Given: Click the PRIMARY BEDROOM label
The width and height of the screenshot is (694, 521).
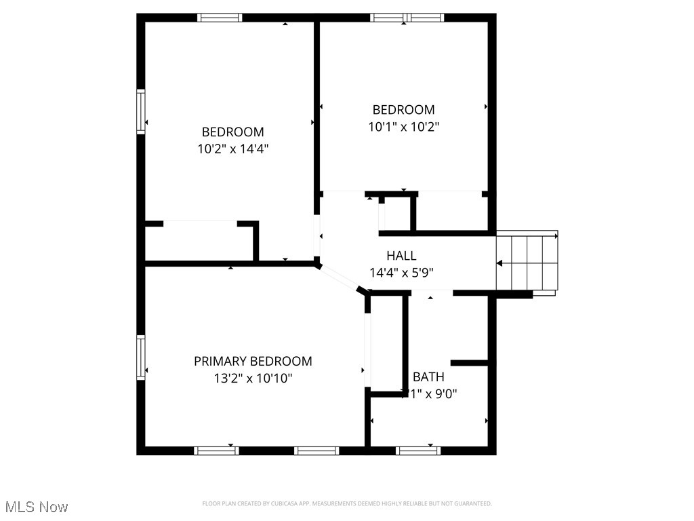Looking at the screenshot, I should (253, 362).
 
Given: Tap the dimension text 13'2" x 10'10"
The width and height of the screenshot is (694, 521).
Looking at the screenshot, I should (253, 379).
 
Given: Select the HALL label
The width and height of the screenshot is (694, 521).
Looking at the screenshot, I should (401, 256).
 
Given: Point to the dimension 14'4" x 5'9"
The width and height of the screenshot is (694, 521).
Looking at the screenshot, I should (401, 273).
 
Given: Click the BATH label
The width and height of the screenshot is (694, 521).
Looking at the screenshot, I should (428, 377).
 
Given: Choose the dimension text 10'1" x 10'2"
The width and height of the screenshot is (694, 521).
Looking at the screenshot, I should (403, 126).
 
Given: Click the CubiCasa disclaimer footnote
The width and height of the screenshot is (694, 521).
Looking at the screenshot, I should (346, 503).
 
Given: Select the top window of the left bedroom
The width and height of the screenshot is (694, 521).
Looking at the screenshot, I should (220, 18).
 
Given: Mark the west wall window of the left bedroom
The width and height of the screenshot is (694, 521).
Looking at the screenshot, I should (141, 112).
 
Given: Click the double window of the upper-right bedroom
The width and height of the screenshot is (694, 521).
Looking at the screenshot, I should (407, 18).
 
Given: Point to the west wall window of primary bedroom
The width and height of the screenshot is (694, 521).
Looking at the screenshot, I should (141, 357).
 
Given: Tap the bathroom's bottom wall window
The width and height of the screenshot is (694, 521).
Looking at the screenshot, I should (418, 450).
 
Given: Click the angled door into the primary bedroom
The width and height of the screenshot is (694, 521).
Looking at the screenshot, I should (341, 279).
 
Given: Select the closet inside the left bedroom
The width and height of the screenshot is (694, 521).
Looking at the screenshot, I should (199, 242).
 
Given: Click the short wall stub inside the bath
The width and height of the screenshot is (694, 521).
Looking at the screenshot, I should (470, 363).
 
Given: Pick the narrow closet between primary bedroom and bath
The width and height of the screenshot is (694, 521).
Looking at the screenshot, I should (387, 343).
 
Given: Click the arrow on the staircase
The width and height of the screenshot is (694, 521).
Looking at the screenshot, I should (500, 263).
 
